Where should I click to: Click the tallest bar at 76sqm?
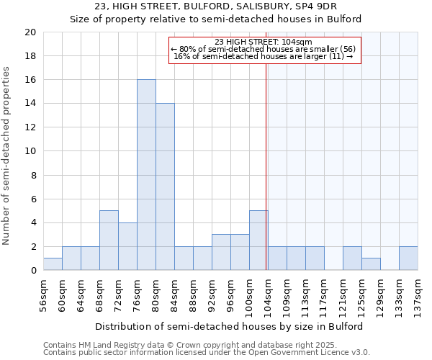pos(146,175)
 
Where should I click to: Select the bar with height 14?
pos(165,186)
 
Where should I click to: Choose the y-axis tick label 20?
pos(30,32)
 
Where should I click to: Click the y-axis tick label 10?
pos(30,151)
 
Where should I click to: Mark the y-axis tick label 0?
pos(33,270)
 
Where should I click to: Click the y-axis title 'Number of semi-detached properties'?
pos(7,156)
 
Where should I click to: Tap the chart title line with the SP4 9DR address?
pos(215,7)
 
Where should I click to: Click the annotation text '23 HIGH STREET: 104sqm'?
pos(264,42)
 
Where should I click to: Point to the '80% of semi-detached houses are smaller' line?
pos(264,49)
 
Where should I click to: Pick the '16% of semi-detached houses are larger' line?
pos(264,56)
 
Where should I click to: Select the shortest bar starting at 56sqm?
pos(53,264)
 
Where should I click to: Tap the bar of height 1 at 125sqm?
pos(371,264)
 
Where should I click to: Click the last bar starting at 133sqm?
pos(408,258)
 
